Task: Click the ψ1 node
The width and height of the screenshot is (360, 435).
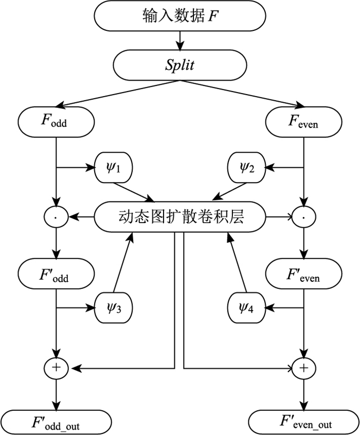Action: (114, 168)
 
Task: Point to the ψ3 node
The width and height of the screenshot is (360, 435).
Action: (114, 309)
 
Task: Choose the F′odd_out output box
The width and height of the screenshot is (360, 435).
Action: (56, 422)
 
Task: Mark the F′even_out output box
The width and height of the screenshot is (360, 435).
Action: (304, 422)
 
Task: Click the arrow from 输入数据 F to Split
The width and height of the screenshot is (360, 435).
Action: (180, 40)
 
